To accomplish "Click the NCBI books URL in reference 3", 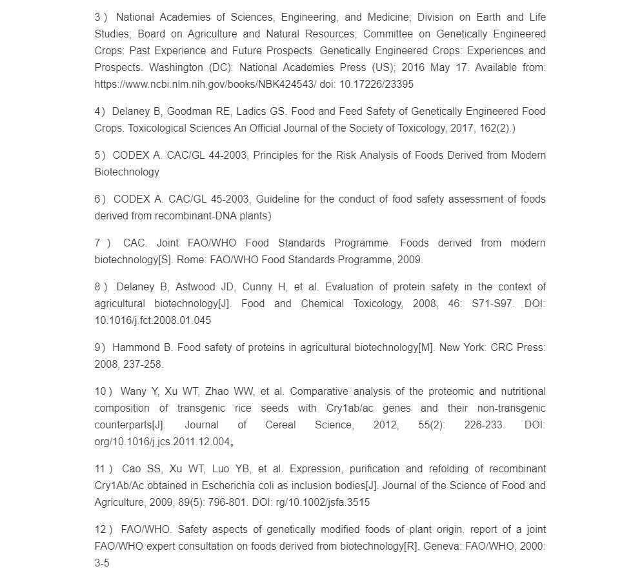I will tap(205, 84).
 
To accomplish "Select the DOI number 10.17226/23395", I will tap(376, 84).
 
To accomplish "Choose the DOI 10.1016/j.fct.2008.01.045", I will tap(153, 320).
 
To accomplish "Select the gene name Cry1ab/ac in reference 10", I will tap(350, 408).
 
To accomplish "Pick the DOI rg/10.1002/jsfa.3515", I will tap(323, 502).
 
